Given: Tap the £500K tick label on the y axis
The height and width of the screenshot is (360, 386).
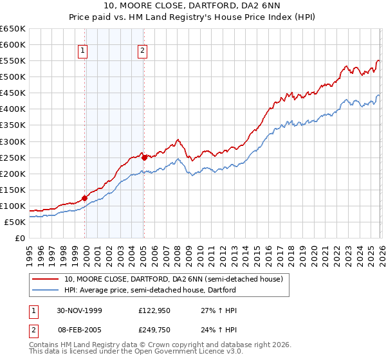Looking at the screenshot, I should click(x=13, y=77).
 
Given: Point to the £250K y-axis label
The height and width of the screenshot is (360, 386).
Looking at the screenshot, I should click(x=13, y=157).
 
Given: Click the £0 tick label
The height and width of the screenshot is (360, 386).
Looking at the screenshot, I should click(x=20, y=238).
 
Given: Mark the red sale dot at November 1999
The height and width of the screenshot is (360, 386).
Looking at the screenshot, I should click(x=85, y=198).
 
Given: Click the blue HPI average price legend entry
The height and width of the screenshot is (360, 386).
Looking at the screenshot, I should click(x=150, y=291).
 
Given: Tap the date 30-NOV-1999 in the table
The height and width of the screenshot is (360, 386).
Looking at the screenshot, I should click(x=79, y=310).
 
